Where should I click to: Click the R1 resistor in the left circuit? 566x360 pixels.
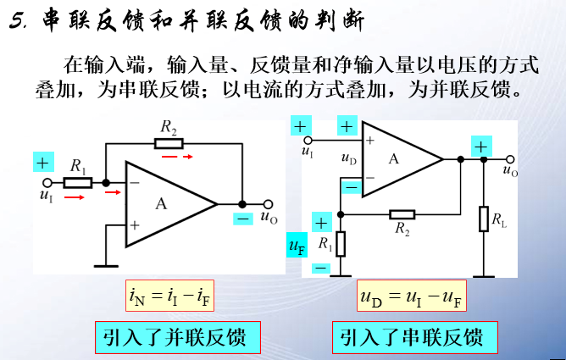[78, 182]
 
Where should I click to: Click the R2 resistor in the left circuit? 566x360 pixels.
[169, 143]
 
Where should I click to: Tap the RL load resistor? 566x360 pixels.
[483, 219]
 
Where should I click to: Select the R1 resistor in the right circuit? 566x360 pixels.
[341, 244]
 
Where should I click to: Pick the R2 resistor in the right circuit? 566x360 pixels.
[402, 213]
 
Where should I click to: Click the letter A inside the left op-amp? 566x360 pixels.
[162, 203]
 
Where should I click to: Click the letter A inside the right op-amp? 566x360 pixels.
[393, 158]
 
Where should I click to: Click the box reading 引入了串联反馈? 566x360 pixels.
[412, 337]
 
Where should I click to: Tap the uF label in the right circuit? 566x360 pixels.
[296, 246]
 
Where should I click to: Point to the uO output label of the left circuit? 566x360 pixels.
[269, 216]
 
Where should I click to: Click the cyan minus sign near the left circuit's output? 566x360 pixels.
[244, 219]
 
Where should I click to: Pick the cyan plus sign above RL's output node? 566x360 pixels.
[481, 147]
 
